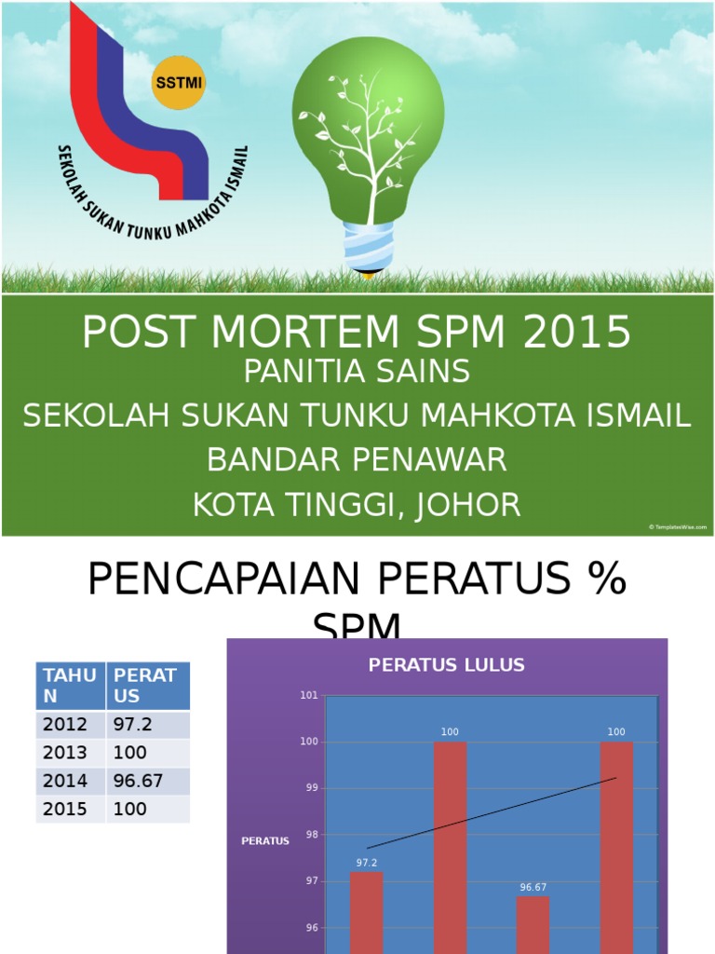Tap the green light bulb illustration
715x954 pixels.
click(x=369, y=130)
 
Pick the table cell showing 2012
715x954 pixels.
click(x=64, y=725)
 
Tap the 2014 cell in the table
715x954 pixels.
click(x=64, y=781)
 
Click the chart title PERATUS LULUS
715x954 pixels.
click(x=447, y=664)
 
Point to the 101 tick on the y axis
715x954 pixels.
click(x=309, y=695)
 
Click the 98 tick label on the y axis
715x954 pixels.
click(x=309, y=835)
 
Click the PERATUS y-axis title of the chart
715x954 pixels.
click(x=265, y=840)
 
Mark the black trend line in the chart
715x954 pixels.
click(x=492, y=813)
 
